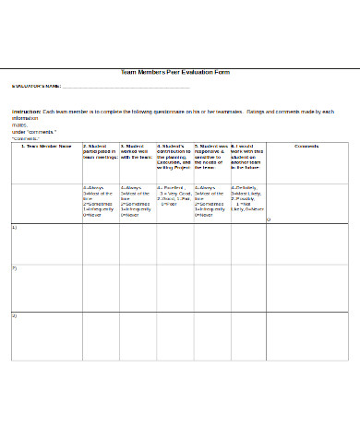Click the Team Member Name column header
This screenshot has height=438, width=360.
coord(44,146)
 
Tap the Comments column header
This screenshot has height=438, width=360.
coord(306,146)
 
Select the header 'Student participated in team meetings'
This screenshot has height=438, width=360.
coord(100,151)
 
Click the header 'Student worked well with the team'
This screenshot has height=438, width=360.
coord(137,151)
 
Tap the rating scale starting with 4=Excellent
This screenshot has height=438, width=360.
coord(174,196)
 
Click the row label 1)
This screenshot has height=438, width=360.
coord(14,227)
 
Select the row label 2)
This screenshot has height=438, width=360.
coord(14,268)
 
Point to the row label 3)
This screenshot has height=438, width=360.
coord(14,315)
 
